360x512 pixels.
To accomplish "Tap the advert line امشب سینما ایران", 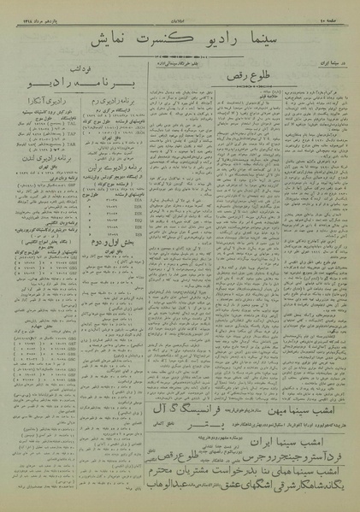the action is [x=292, y=443].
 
